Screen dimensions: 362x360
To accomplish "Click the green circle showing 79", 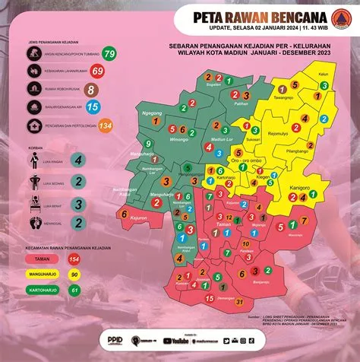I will click(110, 53).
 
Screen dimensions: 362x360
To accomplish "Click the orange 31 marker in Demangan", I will click(239, 303).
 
